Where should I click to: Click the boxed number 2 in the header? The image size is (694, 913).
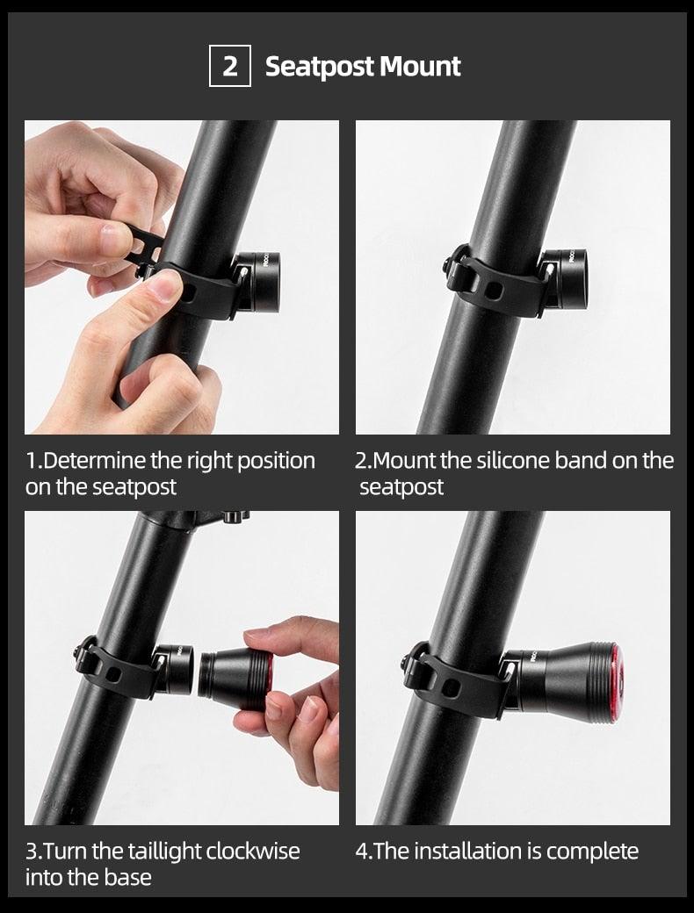click(230, 67)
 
